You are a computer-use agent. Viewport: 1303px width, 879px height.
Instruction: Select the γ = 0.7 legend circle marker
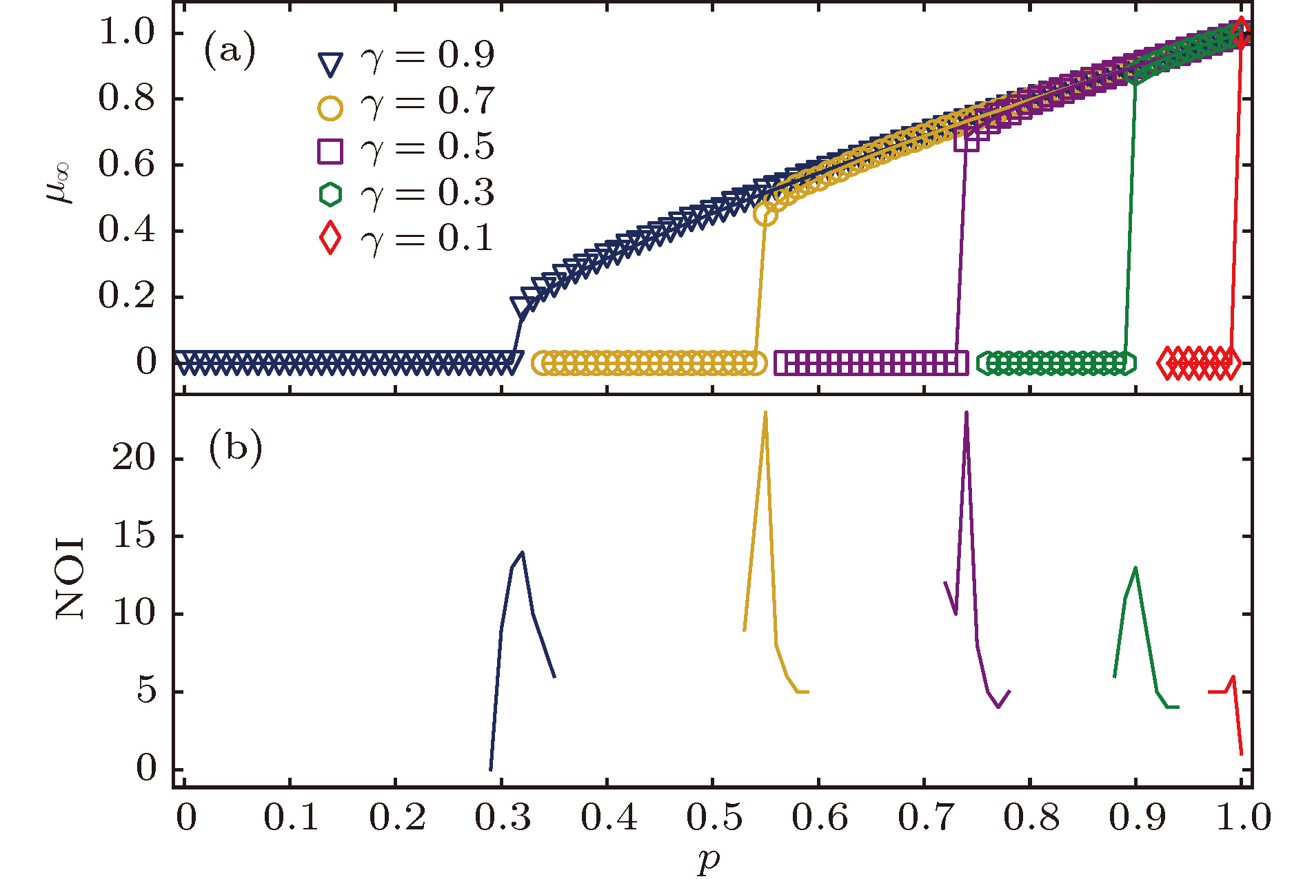[x=330, y=107]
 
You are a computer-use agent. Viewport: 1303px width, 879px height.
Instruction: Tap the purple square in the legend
[x=330, y=151]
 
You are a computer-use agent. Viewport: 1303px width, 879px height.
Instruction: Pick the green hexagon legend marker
[x=330, y=194]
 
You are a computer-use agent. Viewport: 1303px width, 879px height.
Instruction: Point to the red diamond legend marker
[x=330, y=238]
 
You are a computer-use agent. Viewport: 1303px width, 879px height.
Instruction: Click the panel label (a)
[x=230, y=52]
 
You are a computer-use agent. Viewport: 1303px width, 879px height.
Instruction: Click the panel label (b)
[x=235, y=448]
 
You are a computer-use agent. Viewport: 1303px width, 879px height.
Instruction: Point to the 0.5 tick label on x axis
[x=714, y=818]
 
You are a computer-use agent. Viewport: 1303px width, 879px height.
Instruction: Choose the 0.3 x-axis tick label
[x=503, y=818]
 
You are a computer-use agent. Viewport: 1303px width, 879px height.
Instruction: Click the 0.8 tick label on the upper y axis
[x=127, y=98]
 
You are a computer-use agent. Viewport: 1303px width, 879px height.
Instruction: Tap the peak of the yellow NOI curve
[x=765, y=413]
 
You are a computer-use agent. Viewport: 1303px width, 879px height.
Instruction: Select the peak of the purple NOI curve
[x=967, y=413]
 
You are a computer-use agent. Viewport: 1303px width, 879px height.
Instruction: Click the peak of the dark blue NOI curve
[x=523, y=552]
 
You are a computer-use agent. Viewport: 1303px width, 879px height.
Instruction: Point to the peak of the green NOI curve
[x=1135, y=568]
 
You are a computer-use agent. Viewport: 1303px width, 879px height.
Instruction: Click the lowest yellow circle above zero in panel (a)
[x=765, y=214]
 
